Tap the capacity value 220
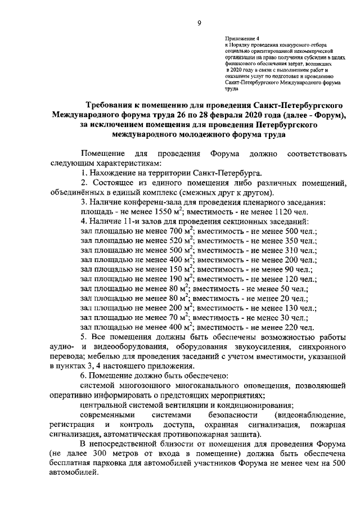pos(290,326)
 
